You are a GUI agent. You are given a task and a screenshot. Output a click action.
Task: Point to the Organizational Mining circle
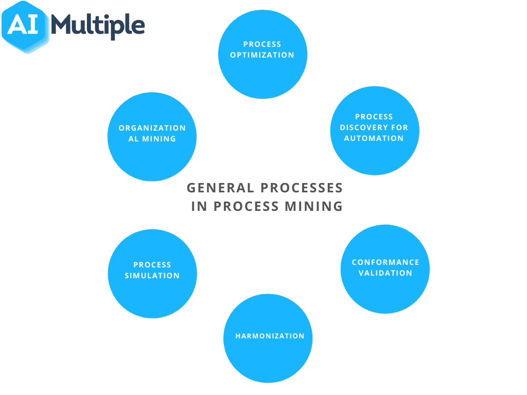coord(152,154)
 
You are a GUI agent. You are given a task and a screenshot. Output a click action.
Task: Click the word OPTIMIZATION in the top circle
coord(262,55)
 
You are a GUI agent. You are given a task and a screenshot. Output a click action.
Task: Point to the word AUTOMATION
coord(374,138)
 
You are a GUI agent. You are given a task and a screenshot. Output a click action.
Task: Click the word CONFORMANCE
coord(385,262)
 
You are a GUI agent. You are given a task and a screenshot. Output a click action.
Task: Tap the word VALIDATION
coord(385,273)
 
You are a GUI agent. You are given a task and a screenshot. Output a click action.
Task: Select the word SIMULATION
coord(152,276)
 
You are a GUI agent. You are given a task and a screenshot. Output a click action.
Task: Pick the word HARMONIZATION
coord(270,336)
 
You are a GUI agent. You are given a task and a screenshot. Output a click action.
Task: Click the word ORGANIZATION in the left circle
coord(152,128)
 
